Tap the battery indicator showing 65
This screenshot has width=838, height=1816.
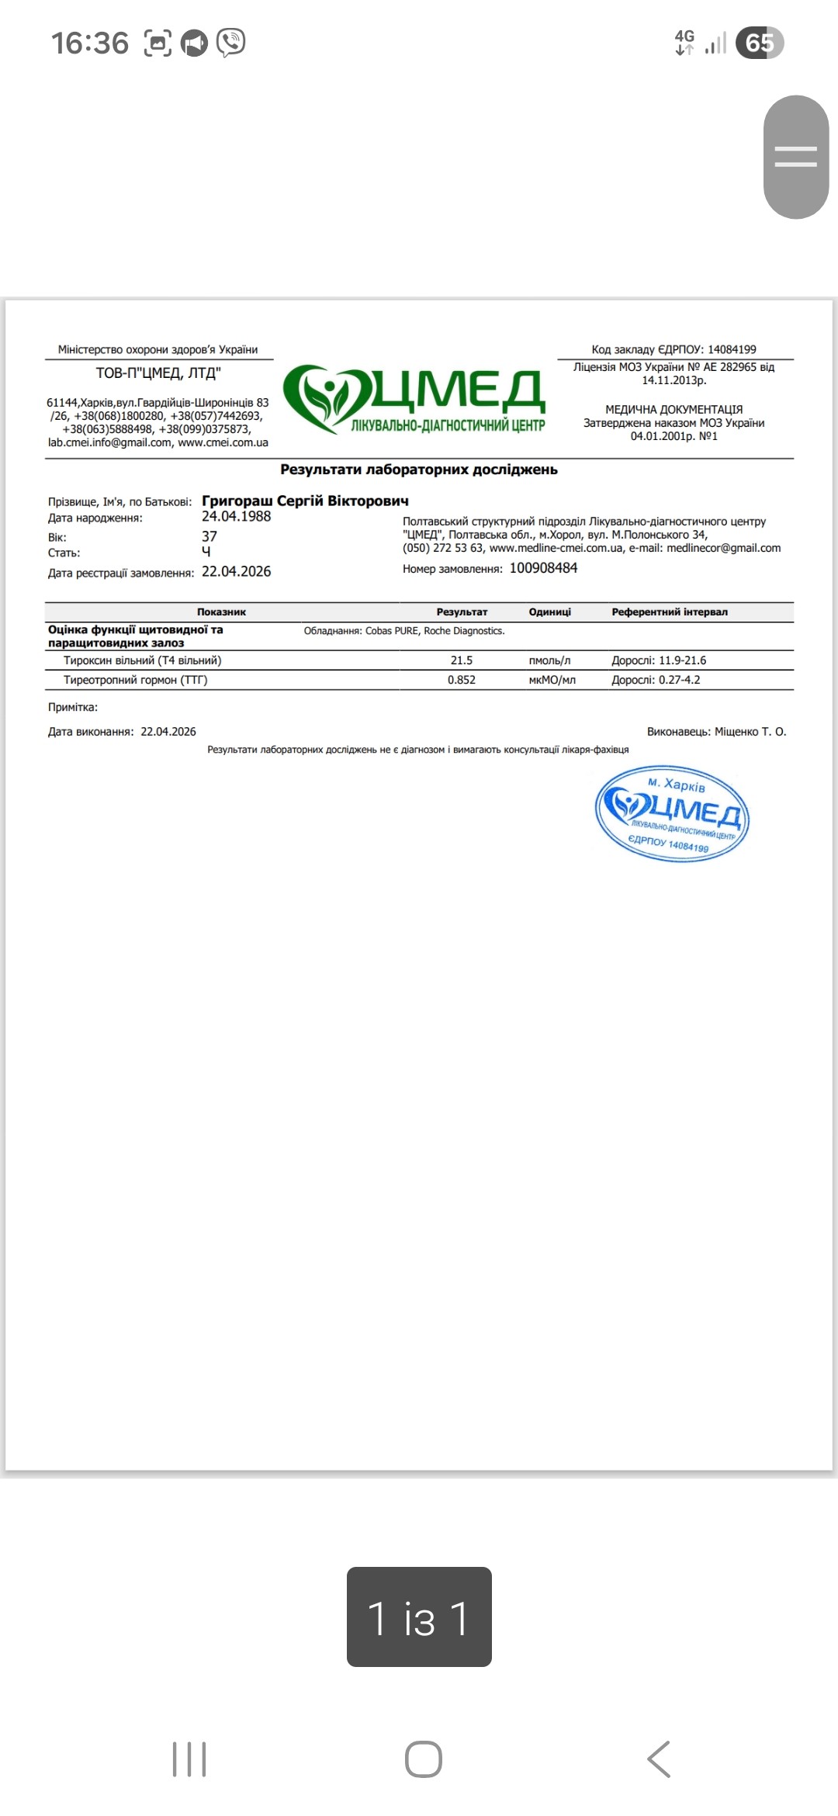pyautogui.click(x=759, y=43)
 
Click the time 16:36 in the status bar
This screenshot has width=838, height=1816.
pyautogui.click(x=90, y=43)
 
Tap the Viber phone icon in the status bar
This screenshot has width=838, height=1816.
pyautogui.click(x=231, y=43)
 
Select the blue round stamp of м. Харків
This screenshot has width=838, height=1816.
pyautogui.click(x=672, y=813)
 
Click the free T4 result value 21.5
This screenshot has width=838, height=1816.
pyautogui.click(x=462, y=660)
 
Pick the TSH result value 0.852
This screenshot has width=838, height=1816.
pyautogui.click(x=462, y=680)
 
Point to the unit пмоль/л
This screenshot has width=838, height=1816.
pyautogui.click(x=549, y=660)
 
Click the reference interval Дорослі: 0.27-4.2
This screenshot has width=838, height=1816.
pyautogui.click(x=656, y=680)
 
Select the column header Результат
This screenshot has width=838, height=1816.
pyautogui.click(x=462, y=612)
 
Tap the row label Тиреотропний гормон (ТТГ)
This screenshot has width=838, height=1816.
pyautogui.click(x=136, y=680)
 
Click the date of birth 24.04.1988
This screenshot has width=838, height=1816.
pyautogui.click(x=237, y=517)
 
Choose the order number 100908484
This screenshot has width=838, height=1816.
pyautogui.click(x=543, y=568)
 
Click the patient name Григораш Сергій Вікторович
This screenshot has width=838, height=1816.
pyautogui.click(x=305, y=501)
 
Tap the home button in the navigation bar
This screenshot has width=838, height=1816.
pyautogui.click(x=423, y=1759)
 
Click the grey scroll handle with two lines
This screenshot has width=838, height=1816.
pyautogui.click(x=796, y=157)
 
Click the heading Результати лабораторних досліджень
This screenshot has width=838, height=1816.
pyautogui.click(x=419, y=470)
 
